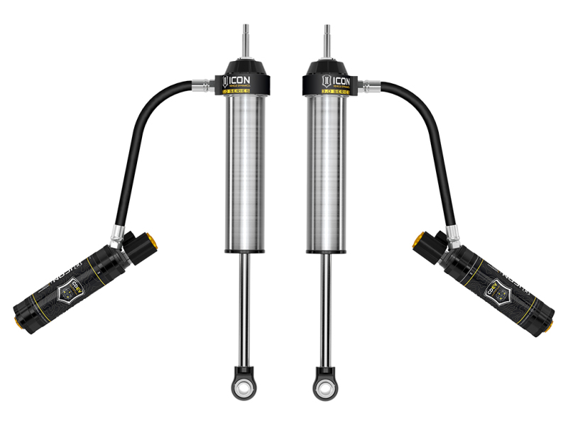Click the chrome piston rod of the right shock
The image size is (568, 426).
coord(325,305)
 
